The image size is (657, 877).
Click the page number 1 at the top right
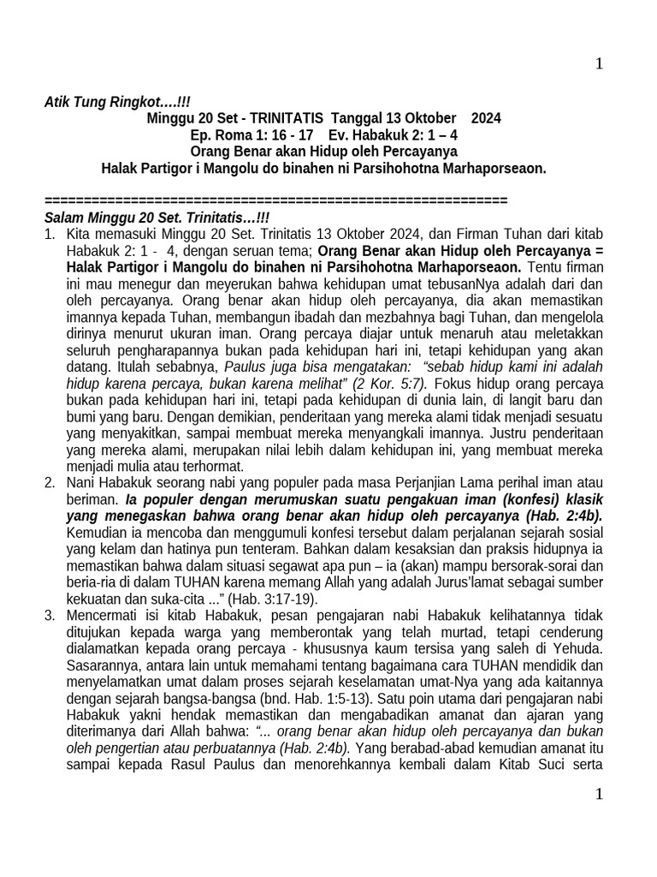pyautogui.click(x=599, y=64)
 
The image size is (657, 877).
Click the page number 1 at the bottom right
pyautogui.click(x=599, y=794)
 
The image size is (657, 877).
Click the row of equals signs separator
pyautogui.click(x=275, y=200)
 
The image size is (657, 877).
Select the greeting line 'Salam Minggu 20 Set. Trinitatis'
pyautogui.click(x=156, y=218)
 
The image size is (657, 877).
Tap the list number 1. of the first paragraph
pyautogui.click(x=50, y=234)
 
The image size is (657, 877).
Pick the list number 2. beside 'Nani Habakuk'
pyautogui.click(x=50, y=484)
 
